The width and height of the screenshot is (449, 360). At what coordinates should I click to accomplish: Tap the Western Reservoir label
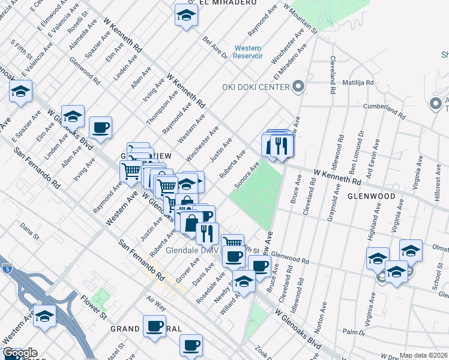248,52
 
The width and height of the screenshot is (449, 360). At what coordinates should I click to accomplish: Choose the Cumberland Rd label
385,109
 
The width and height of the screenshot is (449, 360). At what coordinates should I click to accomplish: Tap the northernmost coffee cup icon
101,127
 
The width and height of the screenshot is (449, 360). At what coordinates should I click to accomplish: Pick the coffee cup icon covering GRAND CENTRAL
155,326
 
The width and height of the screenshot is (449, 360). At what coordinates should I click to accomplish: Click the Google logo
20,353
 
